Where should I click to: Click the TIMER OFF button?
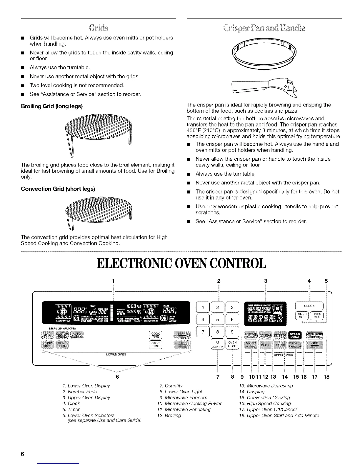316,316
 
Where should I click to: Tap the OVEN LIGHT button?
232,344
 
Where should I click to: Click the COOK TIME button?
155,335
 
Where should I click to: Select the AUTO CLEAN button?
78,335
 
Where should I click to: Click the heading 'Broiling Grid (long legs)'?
52,106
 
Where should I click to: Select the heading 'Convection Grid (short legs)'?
58,189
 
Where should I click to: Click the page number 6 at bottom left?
22,454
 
